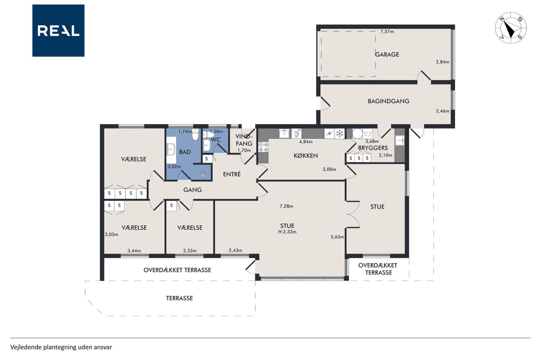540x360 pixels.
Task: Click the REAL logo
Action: (x=58, y=31)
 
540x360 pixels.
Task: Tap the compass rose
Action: (x=510, y=28)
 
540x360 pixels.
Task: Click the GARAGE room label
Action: (x=387, y=54)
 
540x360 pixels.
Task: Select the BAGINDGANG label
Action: (x=389, y=101)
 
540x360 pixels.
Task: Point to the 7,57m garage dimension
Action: (x=387, y=31)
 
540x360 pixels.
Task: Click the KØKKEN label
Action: (x=306, y=156)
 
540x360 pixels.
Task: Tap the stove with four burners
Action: (x=263, y=147)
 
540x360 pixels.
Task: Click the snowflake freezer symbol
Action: (x=340, y=133)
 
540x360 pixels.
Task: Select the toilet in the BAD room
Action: (x=195, y=135)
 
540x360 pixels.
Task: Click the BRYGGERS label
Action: (x=373, y=148)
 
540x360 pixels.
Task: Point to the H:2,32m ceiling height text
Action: (x=287, y=232)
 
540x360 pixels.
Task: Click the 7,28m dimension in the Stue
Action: (x=286, y=206)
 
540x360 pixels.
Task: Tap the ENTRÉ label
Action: (x=232, y=174)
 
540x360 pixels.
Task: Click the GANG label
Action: (x=192, y=190)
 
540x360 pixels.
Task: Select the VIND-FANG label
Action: (x=244, y=140)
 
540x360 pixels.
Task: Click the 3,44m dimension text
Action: (x=134, y=251)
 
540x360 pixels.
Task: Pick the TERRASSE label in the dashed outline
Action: (x=179, y=298)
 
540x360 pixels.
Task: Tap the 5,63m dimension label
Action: (x=337, y=237)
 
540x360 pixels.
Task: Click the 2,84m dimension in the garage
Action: (x=443, y=62)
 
